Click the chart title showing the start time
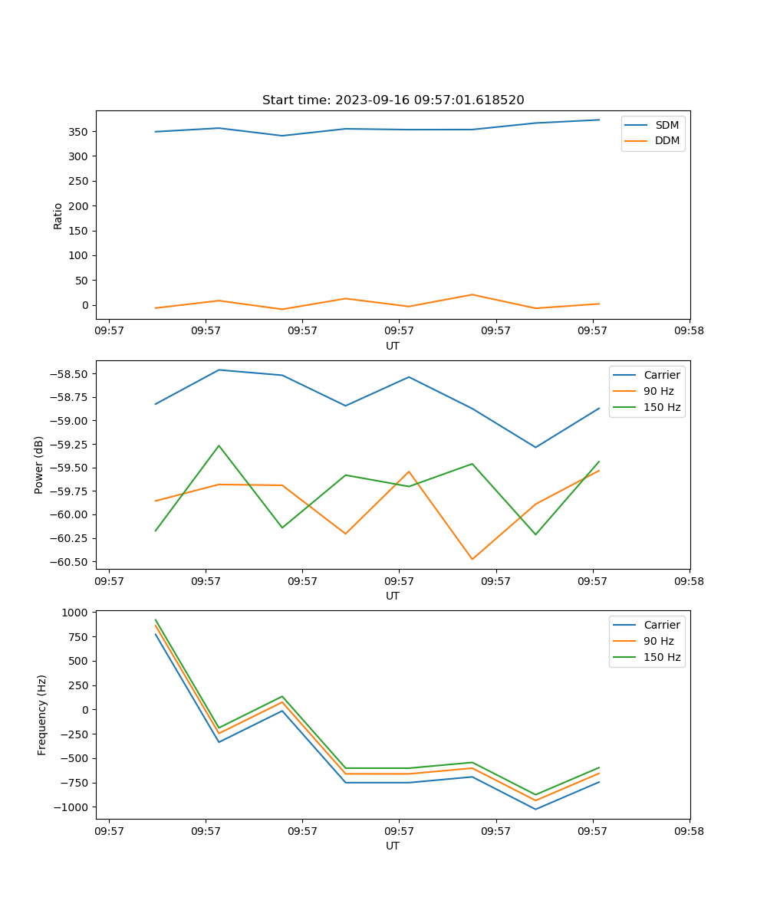click(393, 100)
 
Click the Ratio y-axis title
click(58, 215)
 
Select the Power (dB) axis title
click(39, 465)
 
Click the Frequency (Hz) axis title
click(42, 715)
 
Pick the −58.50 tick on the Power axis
click(70, 374)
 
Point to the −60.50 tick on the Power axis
click(70, 562)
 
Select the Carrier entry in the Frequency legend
click(661, 625)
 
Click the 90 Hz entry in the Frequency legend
click(658, 641)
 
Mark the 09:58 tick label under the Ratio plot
click(689, 332)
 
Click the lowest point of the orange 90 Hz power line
click(472, 559)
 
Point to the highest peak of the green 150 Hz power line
click(219, 445)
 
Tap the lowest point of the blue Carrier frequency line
click(535, 809)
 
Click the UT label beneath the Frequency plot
click(393, 846)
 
